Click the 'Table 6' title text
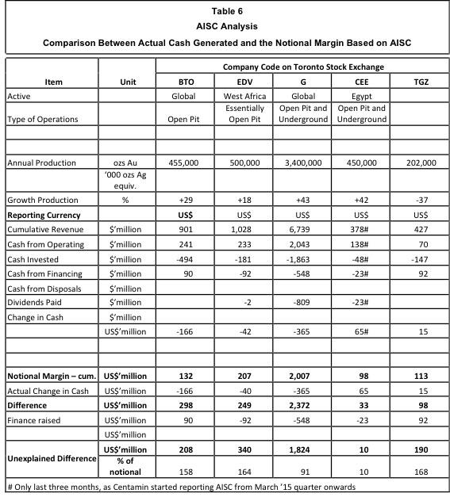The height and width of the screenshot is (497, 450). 225,10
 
